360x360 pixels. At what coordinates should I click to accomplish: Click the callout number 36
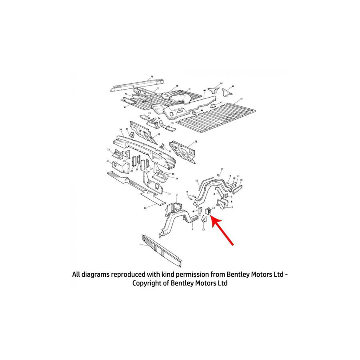click(151, 76)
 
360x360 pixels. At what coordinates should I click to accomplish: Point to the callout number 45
click(233, 86)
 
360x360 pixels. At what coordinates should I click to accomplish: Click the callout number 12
click(196, 142)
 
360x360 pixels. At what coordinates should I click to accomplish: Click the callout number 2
click(192, 229)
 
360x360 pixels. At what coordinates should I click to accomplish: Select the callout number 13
click(204, 230)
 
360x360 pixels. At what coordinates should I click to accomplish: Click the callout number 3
click(177, 194)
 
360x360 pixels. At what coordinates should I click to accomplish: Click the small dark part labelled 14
click(208, 211)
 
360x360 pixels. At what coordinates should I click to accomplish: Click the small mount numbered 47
click(214, 105)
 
